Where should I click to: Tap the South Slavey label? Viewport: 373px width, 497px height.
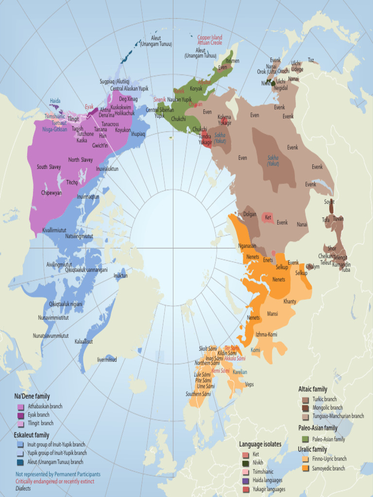point(49,167)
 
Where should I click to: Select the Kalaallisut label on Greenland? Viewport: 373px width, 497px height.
point(84,342)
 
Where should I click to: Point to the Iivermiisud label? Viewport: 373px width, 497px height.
point(107,360)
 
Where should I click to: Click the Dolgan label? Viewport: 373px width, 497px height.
point(250,214)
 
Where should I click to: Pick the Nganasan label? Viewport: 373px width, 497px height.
point(247,246)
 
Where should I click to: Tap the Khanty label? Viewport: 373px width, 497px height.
point(290,301)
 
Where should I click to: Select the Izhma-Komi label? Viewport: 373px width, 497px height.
point(266,334)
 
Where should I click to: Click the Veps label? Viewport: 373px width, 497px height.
point(250,384)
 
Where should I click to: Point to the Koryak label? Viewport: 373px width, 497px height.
point(196,89)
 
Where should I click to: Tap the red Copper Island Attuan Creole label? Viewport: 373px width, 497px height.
point(210,40)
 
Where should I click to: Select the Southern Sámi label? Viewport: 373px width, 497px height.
point(198,394)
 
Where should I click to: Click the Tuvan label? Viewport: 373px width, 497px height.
point(338,218)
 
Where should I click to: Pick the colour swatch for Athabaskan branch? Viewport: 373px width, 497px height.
point(20,407)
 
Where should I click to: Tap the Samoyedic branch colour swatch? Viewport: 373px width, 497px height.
point(305,468)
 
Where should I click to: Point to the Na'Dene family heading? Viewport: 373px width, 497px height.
point(32,397)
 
